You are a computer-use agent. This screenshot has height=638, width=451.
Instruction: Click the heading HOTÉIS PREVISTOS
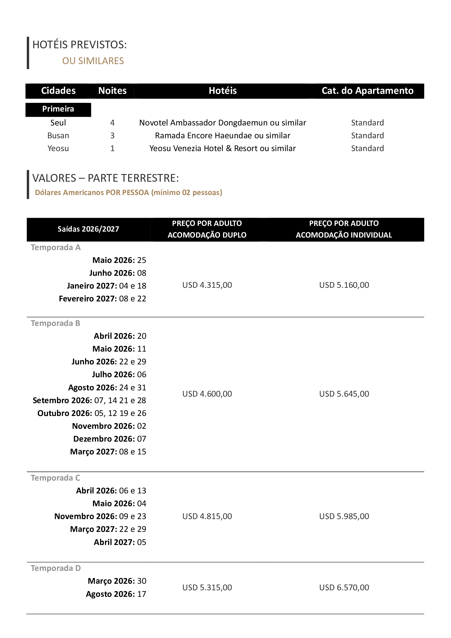(79, 45)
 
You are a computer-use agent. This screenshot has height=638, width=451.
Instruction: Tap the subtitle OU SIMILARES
(93, 61)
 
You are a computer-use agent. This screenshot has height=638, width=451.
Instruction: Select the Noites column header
(112, 91)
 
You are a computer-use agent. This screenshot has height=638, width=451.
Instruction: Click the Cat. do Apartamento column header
(367, 91)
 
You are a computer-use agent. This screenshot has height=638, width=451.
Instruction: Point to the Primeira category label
(58, 109)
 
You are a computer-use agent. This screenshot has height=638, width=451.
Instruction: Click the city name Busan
(58, 136)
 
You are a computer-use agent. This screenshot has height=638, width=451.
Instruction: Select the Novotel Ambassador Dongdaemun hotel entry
(223, 123)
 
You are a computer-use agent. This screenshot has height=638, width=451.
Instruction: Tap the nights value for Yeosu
(112, 148)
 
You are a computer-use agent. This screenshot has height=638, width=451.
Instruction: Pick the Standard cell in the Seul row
(367, 123)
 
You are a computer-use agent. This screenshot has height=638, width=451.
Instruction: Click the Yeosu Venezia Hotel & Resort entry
(223, 148)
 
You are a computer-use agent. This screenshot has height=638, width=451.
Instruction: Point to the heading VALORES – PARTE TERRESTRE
(106, 178)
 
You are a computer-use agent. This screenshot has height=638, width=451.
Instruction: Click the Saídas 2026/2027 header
(88, 229)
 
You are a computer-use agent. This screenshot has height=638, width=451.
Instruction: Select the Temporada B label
(55, 323)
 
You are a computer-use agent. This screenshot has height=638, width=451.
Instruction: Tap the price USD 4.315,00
(207, 285)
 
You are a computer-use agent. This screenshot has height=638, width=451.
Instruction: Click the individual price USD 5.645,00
(344, 394)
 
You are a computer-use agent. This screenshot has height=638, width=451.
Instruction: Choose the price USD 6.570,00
(344, 588)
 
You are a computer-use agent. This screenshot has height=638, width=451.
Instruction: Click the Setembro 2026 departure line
(89, 400)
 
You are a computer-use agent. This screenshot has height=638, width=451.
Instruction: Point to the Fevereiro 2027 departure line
(102, 299)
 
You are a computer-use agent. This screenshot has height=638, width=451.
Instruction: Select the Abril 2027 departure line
(120, 542)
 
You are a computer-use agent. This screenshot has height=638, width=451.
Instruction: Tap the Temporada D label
(56, 568)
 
